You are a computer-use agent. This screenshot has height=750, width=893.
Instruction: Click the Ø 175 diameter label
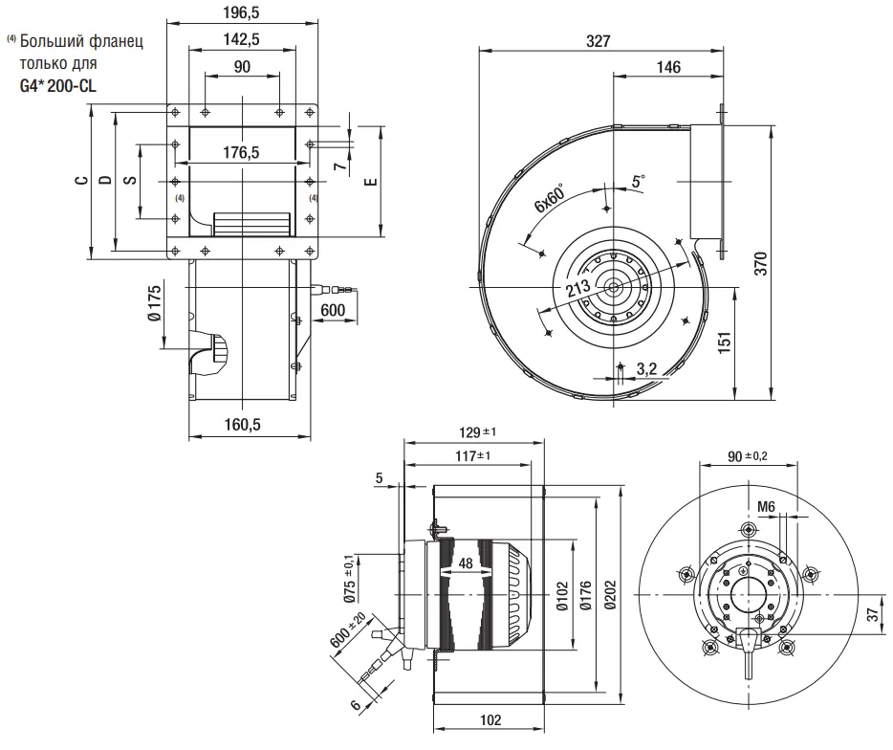pyautogui.click(x=153, y=304)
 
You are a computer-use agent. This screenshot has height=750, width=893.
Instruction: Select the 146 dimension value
pyautogui.click(x=668, y=67)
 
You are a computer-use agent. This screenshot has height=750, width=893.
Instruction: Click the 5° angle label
pyautogui.click(x=639, y=180)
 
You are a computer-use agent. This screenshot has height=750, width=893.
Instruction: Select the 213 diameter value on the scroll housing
pyautogui.click(x=577, y=291)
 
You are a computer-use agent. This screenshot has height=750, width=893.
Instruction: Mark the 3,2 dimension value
pyautogui.click(x=646, y=367)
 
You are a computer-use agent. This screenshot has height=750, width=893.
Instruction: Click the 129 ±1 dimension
pyautogui.click(x=474, y=432)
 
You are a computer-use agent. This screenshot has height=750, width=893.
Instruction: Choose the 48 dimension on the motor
pyautogui.click(x=465, y=563)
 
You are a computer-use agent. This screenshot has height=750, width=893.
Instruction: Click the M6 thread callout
pyautogui.click(x=766, y=506)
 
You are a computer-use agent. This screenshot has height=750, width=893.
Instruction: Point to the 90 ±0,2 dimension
pyautogui.click(x=747, y=455)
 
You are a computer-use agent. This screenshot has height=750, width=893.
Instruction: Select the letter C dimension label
pyautogui.click(x=82, y=179)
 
